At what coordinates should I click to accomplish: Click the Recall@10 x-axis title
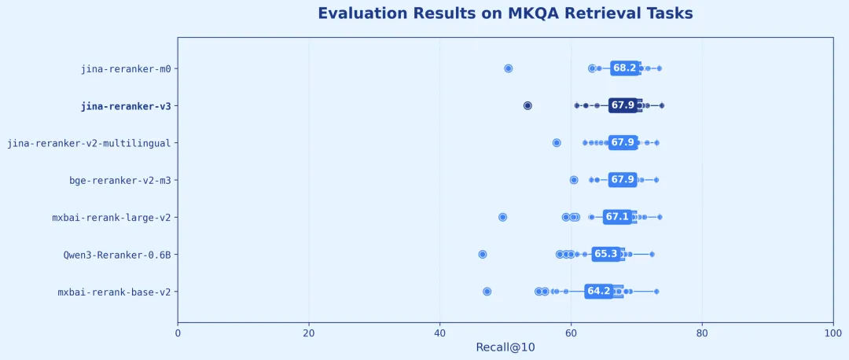(505, 347)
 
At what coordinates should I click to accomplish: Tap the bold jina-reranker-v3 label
(126, 106)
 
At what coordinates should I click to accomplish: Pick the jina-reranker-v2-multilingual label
(89, 143)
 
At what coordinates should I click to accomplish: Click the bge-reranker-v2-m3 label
(120, 180)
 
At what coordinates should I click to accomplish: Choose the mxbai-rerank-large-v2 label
(114, 217)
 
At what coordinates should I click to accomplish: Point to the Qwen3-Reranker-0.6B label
(117, 255)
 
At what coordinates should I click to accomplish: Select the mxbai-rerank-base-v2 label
(114, 292)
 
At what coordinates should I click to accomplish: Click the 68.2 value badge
(625, 68)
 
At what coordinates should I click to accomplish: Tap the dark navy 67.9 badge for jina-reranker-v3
(623, 105)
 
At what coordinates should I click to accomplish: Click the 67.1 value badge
(617, 217)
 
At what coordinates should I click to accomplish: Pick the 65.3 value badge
(605, 254)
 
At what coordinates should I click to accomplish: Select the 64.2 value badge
(599, 291)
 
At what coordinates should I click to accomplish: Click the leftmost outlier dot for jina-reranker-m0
(509, 68)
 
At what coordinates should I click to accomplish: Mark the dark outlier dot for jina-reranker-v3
(527, 105)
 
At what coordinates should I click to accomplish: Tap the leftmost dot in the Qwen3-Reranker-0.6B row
(483, 254)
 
